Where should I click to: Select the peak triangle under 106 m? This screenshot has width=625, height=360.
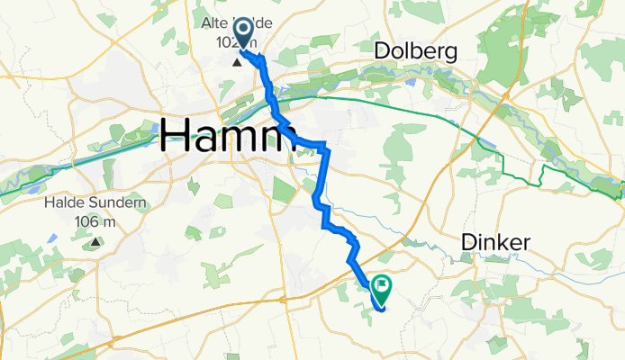(95, 241)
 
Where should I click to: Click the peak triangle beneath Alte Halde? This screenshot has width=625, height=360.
(237, 63)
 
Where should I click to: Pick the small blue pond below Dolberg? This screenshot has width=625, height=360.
(412, 81)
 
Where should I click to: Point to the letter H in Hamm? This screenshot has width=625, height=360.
(176, 138)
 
